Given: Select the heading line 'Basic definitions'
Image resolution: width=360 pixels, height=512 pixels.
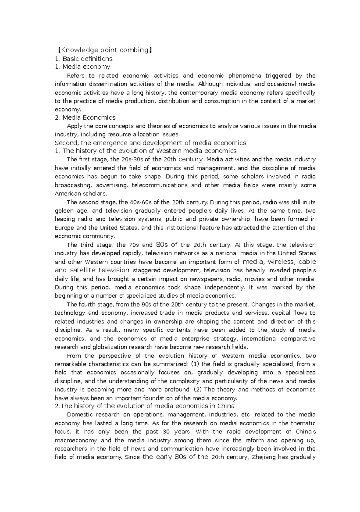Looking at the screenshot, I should [x=87, y=58].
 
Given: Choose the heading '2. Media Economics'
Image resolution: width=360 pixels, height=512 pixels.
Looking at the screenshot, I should [x=85, y=117].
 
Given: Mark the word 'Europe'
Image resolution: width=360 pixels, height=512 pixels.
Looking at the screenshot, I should [x=64, y=228].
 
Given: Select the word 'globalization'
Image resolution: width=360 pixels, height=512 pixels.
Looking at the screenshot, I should [x=108, y=347].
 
